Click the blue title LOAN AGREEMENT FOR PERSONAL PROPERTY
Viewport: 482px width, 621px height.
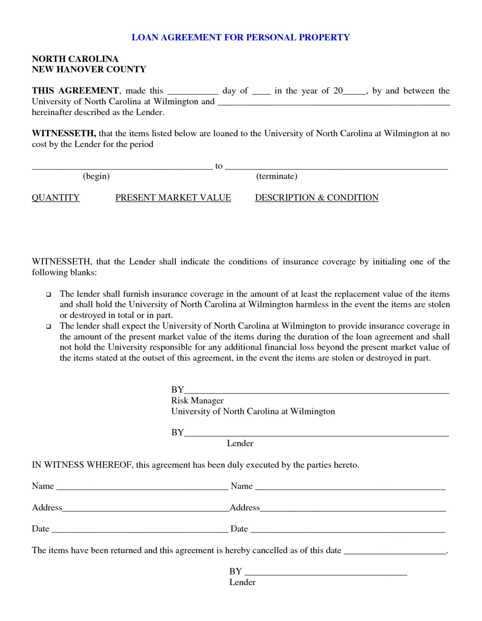tap(240, 38)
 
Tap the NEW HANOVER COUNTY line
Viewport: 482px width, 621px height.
tap(89, 70)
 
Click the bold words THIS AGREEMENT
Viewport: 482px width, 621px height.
tap(75, 91)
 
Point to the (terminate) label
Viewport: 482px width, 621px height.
tap(277, 176)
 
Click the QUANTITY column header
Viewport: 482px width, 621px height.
tap(56, 198)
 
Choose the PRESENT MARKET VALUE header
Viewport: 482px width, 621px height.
tap(173, 198)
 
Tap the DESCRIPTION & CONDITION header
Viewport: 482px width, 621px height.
tap(316, 198)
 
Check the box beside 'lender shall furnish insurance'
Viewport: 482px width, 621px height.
tap(49, 295)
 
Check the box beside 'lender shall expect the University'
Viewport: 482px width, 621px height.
tap(49, 327)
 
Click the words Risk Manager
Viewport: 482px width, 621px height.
tap(197, 401)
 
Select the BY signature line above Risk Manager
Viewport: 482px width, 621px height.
tap(316, 392)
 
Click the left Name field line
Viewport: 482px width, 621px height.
tap(142, 488)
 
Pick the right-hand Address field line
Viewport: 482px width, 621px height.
tap(352, 510)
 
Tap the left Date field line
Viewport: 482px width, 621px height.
tap(140, 531)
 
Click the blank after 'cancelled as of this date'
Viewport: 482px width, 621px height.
tap(395, 553)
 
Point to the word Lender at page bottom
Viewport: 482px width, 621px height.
tap(242, 582)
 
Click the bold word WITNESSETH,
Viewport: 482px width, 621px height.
tap(64, 134)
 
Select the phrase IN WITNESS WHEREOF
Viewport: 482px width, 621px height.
tap(82, 465)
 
